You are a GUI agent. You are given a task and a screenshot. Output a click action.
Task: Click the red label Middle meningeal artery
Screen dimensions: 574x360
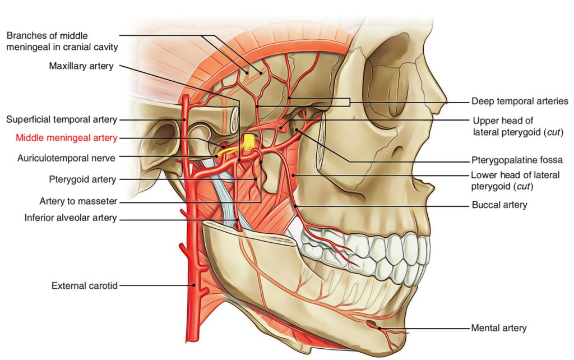pos(66,138)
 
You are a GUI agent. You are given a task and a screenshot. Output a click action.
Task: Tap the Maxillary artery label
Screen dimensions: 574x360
pos(81,66)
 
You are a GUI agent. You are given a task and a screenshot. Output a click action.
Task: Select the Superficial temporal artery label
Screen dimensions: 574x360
pos(62,120)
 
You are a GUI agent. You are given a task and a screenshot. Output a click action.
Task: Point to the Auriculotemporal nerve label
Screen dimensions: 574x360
pos(66,159)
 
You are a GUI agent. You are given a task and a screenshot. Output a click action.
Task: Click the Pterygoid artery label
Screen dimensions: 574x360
pos(82,179)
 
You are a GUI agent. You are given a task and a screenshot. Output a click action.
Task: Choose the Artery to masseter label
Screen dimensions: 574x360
pos(78,201)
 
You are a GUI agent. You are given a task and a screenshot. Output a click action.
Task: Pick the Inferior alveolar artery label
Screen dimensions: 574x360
pos(71,218)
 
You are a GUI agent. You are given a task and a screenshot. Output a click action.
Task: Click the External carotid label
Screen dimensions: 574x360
pos(85,285)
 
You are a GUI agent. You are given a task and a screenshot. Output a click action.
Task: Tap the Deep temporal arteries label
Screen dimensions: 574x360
pos(520,101)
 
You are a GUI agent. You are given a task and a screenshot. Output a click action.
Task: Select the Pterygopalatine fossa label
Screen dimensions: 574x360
pos(517,160)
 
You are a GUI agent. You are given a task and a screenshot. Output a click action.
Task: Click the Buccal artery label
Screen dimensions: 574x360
pos(499,205)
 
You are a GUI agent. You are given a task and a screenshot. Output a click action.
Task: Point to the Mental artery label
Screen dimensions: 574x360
pos(498,328)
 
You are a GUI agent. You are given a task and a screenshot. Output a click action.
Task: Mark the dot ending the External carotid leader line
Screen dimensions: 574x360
pos(195,285)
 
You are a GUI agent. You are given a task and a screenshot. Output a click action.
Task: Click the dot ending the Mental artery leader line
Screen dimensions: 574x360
pos(379,328)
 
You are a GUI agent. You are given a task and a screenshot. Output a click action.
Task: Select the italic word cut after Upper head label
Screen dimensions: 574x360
pos(553,132)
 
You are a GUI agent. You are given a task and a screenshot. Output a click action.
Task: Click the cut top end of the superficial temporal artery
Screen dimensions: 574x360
pos(186,96)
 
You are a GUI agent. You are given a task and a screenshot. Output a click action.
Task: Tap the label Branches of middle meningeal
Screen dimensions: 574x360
pos(62,41)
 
